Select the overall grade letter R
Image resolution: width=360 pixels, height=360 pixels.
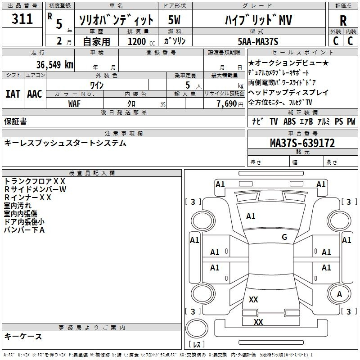point(343,20)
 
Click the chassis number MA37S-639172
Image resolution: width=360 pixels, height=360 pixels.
point(302,143)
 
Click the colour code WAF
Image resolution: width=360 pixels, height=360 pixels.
point(75,103)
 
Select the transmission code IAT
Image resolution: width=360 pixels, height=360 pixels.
point(13,94)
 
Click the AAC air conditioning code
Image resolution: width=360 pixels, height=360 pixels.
point(34,94)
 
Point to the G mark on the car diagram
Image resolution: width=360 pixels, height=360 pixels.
point(284,237)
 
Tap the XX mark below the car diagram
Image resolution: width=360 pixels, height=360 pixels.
point(258,322)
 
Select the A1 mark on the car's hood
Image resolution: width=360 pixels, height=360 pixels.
point(251,216)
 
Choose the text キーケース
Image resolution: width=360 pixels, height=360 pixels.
point(23,336)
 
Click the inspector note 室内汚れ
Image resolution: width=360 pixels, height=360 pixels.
point(18,206)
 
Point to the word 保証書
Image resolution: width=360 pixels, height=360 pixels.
point(15,121)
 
